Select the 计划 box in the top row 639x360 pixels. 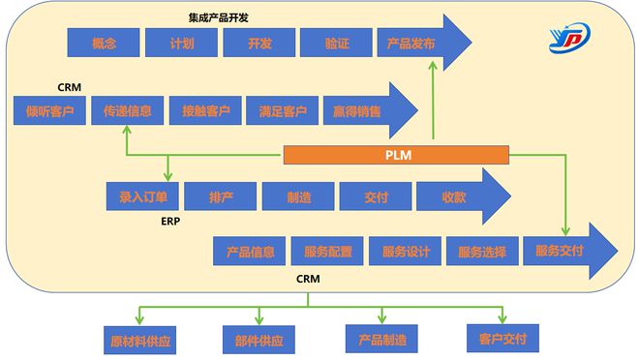[x=180, y=44]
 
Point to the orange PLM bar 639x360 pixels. [x=395, y=154]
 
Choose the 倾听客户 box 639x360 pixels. [x=49, y=110]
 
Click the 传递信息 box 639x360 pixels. [x=128, y=110]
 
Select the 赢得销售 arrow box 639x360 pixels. [x=358, y=110]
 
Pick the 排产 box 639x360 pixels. [x=220, y=196]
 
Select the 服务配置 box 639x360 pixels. [x=327, y=252]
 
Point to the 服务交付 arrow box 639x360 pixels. [x=560, y=251]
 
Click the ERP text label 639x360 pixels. [x=171, y=221]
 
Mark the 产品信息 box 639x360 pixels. [x=250, y=252]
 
